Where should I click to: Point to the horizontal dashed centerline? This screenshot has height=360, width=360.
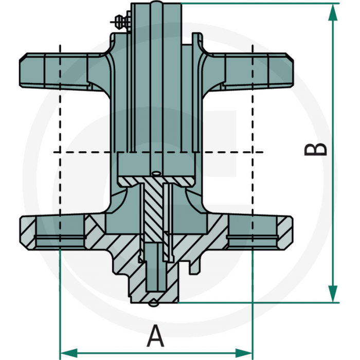pyautogui.click(x=82, y=152)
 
